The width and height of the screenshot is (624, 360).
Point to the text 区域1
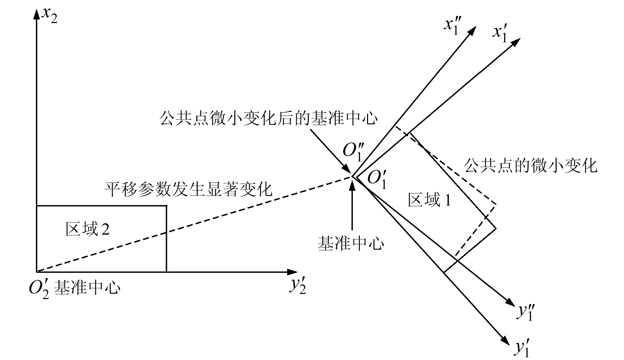429,200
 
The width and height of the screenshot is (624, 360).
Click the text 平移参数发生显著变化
188,190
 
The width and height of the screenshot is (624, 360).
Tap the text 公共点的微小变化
530,166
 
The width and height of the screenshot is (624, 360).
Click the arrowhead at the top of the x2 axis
36,14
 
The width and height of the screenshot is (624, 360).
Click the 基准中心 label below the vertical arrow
351,243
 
